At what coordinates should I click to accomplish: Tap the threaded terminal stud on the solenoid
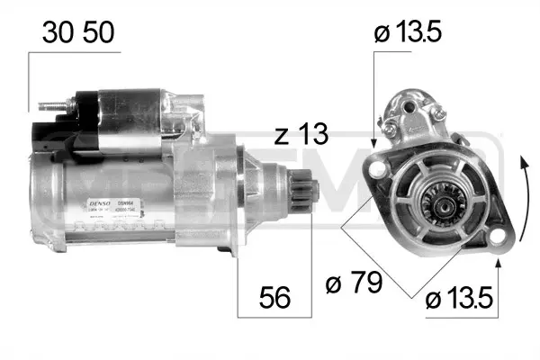coord(50,108)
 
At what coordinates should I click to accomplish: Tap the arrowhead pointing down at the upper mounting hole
coord(373,142)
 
